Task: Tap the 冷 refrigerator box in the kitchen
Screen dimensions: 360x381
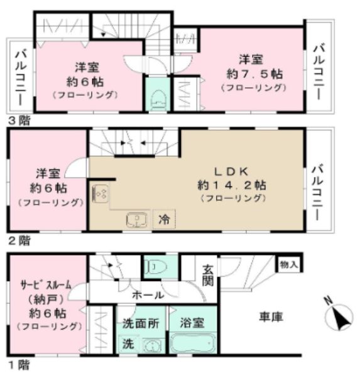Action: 164,220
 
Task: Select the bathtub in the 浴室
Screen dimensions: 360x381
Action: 193,343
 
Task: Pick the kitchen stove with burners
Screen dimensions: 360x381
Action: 101,194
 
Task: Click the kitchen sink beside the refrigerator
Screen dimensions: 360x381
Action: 137,220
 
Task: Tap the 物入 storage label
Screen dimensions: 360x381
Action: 289,264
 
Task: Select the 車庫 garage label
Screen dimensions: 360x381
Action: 271,317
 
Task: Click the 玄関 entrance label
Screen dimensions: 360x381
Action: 208,276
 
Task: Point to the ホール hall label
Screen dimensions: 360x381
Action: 148,295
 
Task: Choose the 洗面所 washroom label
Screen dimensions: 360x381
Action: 141,323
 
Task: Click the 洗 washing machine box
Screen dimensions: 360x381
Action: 128,344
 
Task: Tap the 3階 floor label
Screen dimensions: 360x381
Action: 19,121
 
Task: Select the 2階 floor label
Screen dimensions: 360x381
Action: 19,240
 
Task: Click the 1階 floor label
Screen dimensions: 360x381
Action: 19,365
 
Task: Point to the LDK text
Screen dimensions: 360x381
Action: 231,171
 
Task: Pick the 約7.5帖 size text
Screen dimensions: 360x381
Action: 254,74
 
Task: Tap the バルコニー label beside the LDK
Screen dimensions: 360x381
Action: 318,193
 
